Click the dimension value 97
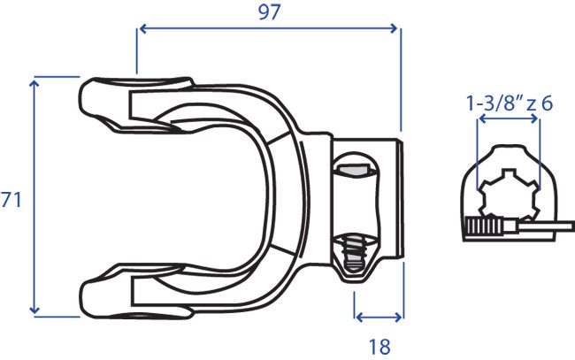[x=269, y=12]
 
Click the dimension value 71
[x=11, y=200]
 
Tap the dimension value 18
[x=379, y=347]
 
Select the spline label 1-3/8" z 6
[x=510, y=103]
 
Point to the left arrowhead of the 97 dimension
[x=143, y=28]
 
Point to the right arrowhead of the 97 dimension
[x=394, y=28]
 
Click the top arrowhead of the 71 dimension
[x=34, y=84]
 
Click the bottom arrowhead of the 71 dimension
[x=34, y=310]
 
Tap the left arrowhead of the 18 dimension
[x=360, y=318]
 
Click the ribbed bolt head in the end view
[x=483, y=226]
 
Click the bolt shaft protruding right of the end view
[x=547, y=226]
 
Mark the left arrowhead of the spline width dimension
[x=483, y=119]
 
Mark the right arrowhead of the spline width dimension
[x=533, y=119]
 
